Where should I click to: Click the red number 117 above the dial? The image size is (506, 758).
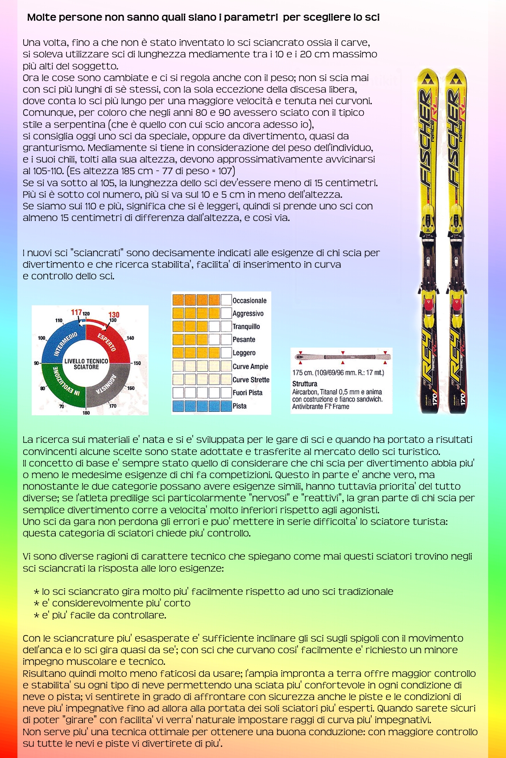click(x=76, y=312)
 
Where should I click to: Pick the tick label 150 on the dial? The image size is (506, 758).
click(x=137, y=363)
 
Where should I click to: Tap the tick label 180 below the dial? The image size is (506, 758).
click(x=86, y=413)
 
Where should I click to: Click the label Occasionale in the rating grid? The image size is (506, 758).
click(x=249, y=301)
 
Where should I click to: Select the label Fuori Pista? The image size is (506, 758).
click(x=247, y=393)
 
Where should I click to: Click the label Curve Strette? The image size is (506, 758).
click(x=251, y=380)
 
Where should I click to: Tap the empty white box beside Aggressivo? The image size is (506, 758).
click(x=226, y=313)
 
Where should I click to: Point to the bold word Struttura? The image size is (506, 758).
click(x=305, y=384)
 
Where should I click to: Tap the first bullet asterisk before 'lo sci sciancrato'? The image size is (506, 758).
click(x=37, y=592)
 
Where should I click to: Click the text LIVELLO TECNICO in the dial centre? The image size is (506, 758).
click(x=86, y=361)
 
